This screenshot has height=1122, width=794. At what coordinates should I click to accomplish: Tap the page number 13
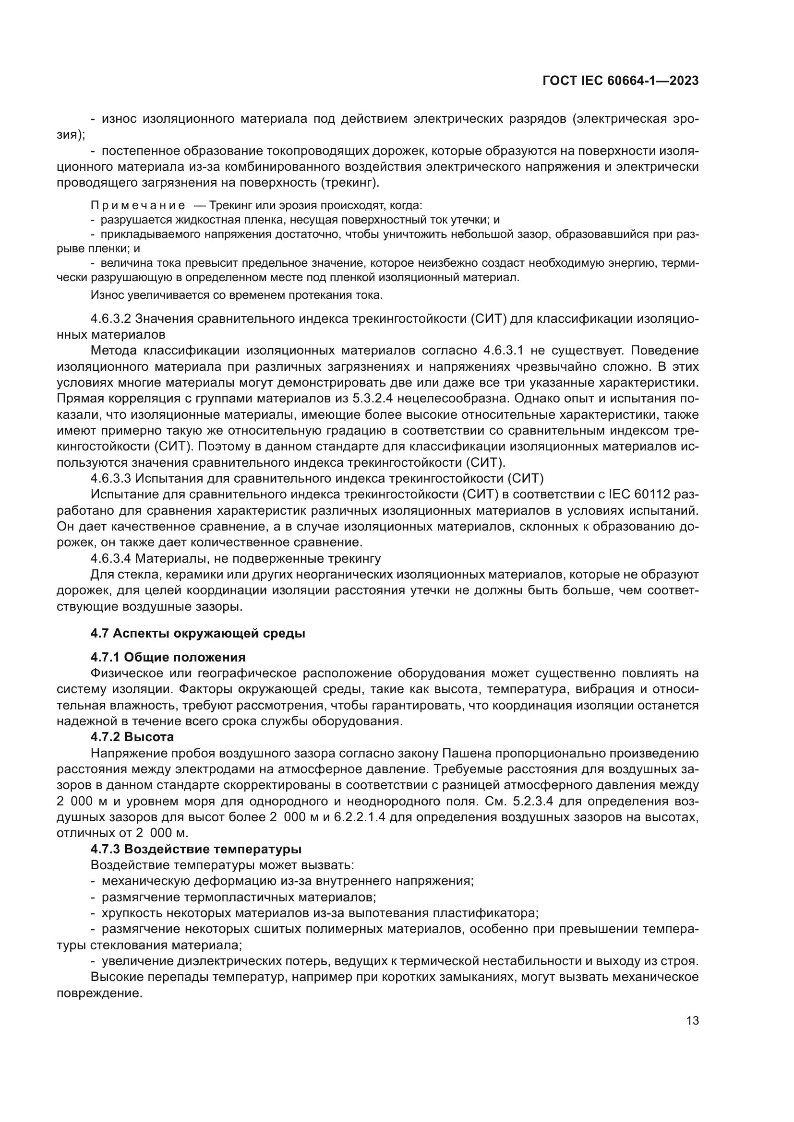692,1020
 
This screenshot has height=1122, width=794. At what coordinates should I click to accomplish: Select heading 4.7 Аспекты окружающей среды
197,633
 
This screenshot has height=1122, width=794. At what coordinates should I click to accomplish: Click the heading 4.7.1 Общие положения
168,657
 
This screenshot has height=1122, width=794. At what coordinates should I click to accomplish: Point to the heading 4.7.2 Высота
132,736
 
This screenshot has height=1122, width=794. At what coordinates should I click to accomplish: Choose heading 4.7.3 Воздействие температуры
195,849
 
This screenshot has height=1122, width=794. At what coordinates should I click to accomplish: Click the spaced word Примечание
138,205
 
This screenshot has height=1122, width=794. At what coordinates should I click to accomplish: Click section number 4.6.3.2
111,319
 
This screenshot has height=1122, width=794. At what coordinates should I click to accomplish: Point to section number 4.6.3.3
111,478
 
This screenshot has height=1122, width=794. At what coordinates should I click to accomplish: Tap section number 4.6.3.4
111,558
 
